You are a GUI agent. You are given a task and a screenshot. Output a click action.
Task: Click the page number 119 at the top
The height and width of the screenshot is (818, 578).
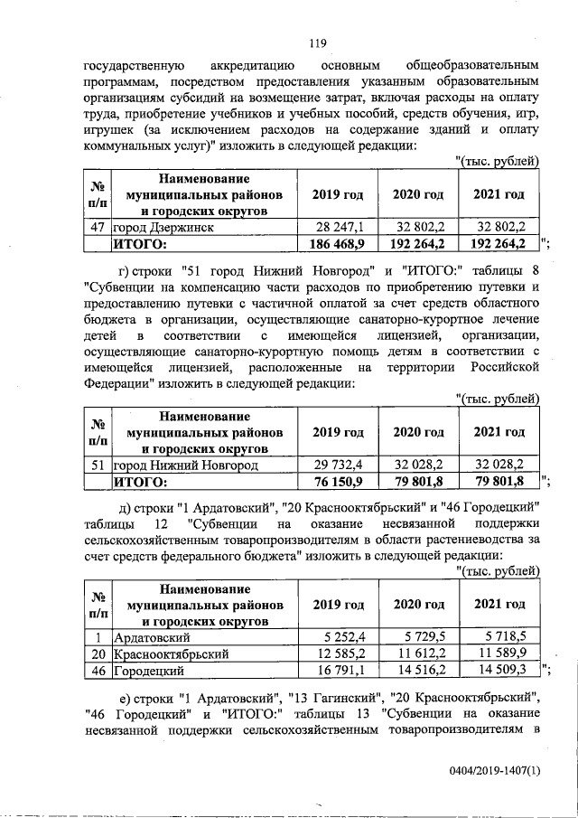tap(316, 42)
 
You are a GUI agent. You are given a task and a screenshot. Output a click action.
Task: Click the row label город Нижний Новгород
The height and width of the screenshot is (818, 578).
tap(184, 465)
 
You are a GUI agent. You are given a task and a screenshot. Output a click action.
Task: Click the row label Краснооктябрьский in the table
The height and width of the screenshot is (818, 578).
tap(170, 653)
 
